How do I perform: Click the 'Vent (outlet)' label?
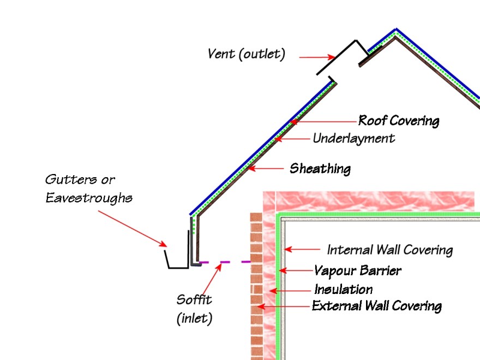pyautogui.click(x=246, y=54)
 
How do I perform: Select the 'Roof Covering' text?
pyautogui.click(x=398, y=120)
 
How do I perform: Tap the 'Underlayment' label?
pyautogui.click(x=353, y=139)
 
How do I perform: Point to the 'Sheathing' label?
pyautogui.click(x=320, y=169)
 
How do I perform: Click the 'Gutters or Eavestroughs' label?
pyautogui.click(x=88, y=188)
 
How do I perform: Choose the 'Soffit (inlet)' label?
pyautogui.click(x=194, y=309)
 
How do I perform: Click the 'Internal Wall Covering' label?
pyautogui.click(x=389, y=250)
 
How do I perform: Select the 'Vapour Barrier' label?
pyautogui.click(x=357, y=271)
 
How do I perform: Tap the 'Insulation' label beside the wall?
pyautogui.click(x=343, y=289)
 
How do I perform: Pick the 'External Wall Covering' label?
pyautogui.click(x=376, y=306)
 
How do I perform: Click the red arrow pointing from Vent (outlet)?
pyautogui.click(x=316, y=57)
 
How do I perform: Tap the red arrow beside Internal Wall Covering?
pyautogui.click(x=303, y=250)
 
